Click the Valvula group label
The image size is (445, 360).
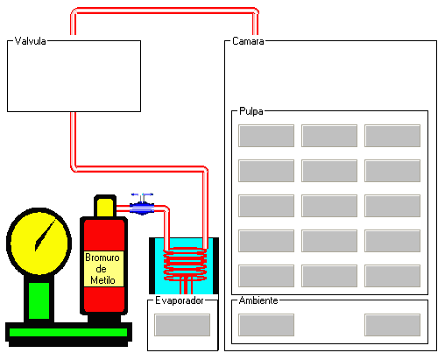[x=30, y=41]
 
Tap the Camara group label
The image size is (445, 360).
[x=248, y=41]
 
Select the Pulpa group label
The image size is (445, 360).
[x=251, y=111]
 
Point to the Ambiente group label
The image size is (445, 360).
[x=258, y=300]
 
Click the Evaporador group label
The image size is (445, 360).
[x=180, y=300]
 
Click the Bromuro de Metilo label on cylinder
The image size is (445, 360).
[x=102, y=269]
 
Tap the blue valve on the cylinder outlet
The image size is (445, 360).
[x=142, y=205]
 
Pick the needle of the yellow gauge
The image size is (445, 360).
[x=45, y=236]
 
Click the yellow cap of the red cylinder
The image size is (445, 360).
[x=105, y=207]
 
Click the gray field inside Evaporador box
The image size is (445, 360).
[x=182, y=325]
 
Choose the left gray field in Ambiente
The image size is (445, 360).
[x=266, y=325]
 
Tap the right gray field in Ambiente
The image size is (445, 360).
[x=392, y=325]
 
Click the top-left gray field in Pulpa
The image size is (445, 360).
[x=266, y=136]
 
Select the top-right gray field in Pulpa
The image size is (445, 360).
[x=392, y=136]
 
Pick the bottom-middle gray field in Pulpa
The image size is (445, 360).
[x=329, y=276]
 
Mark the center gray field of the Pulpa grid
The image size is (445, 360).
[x=329, y=206]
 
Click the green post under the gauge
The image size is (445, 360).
[x=39, y=300]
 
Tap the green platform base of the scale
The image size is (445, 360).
[x=68, y=332]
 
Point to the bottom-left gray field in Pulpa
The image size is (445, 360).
[x=266, y=276]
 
